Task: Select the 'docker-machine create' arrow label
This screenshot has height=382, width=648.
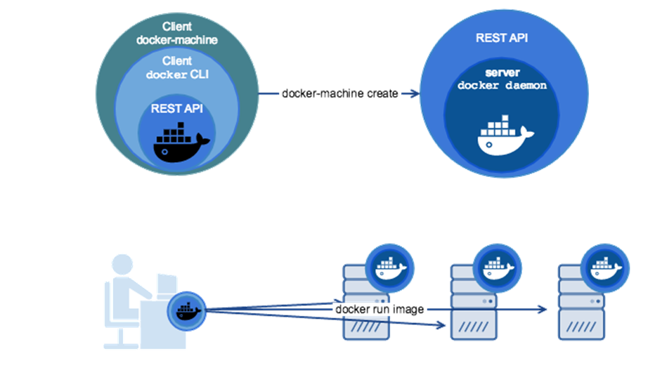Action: (x=339, y=94)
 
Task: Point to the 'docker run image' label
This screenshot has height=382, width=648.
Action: (x=380, y=309)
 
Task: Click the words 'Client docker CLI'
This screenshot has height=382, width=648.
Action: (x=177, y=67)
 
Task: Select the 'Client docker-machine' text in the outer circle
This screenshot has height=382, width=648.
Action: (x=177, y=33)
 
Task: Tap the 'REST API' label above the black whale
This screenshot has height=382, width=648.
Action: (x=177, y=109)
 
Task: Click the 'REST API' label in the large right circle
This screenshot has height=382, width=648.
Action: (x=502, y=38)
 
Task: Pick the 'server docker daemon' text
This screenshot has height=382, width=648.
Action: (x=502, y=79)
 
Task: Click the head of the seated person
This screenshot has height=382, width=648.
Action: (x=122, y=265)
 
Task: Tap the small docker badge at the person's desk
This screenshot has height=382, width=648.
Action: (x=187, y=311)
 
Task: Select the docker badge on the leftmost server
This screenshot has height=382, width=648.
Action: (x=389, y=268)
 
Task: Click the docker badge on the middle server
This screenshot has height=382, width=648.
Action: (x=497, y=268)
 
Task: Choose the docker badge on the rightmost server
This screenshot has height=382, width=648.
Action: (x=605, y=268)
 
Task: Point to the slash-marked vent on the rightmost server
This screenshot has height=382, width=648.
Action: (x=581, y=327)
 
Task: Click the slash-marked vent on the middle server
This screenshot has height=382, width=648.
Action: (x=474, y=327)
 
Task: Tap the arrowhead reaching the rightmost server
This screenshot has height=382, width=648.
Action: (x=542, y=309)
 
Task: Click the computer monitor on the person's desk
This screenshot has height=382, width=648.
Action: (x=167, y=285)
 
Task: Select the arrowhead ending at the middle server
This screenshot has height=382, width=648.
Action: (x=440, y=325)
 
